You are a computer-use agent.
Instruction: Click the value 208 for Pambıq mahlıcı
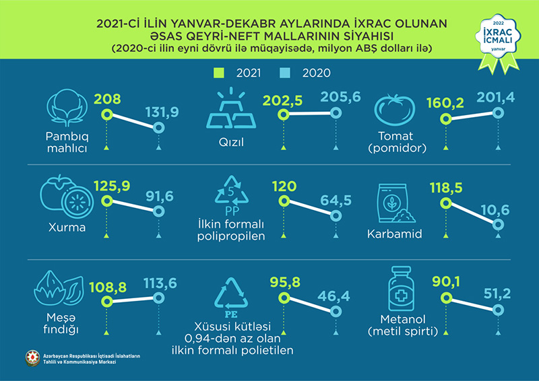click(108, 100)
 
